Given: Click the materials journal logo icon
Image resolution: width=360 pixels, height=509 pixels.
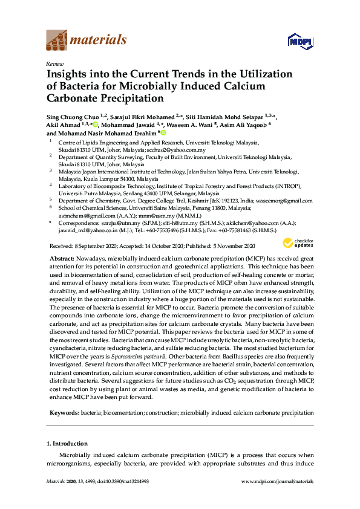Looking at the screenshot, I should [x=57, y=41].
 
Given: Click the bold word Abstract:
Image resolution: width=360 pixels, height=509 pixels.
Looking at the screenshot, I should [x=63, y=258].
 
